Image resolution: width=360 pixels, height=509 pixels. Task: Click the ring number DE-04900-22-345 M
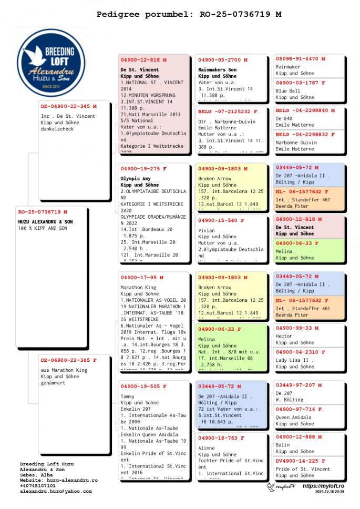pos(69,106)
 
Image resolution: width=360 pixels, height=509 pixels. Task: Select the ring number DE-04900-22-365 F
pos(69,360)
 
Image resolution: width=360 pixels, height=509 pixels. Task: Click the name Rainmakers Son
pos(217,69)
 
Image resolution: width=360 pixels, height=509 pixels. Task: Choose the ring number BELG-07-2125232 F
pos(228,111)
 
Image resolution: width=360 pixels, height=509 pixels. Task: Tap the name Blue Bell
pos(287,90)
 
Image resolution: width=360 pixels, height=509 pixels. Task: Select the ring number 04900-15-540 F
pos(221,220)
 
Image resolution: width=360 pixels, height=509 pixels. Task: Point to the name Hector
pos(284,335)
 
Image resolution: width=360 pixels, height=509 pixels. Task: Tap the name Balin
pos(282,445)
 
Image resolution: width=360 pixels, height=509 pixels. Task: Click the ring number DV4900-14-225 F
pos(301,461)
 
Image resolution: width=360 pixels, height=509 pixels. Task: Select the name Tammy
pos(128,396)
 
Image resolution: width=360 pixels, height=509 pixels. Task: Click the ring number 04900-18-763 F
pos(221,438)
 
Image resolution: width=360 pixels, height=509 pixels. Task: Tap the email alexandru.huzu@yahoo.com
pos(56,491)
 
